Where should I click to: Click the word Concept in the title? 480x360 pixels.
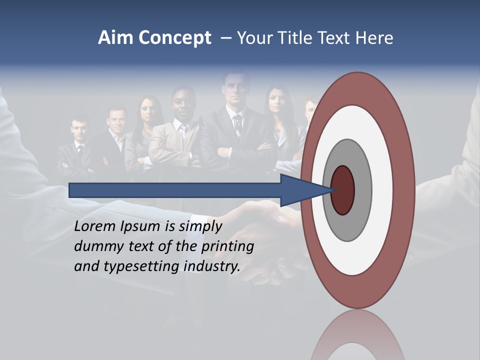click(x=174, y=38)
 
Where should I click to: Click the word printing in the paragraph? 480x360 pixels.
click(x=228, y=246)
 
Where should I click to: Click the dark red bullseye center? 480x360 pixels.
click(x=343, y=190)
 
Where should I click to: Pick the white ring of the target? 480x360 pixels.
click(x=383, y=190)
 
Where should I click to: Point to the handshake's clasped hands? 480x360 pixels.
click(x=270, y=220)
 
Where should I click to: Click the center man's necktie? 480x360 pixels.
click(x=238, y=125)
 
